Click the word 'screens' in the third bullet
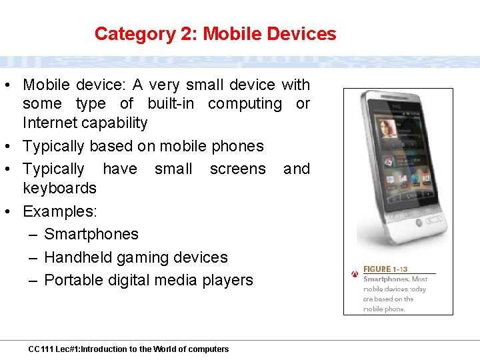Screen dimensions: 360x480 (x=237, y=169)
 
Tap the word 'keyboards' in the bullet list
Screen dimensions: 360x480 (x=59, y=188)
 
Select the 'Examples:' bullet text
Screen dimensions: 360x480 (x=60, y=211)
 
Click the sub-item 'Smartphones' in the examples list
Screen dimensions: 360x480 (x=91, y=234)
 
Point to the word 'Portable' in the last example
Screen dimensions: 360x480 (x=72, y=280)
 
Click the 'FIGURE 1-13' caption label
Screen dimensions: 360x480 (x=386, y=269)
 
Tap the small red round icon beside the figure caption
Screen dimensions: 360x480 (x=355, y=274)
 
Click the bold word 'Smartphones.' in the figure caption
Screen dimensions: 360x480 (x=386, y=279)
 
